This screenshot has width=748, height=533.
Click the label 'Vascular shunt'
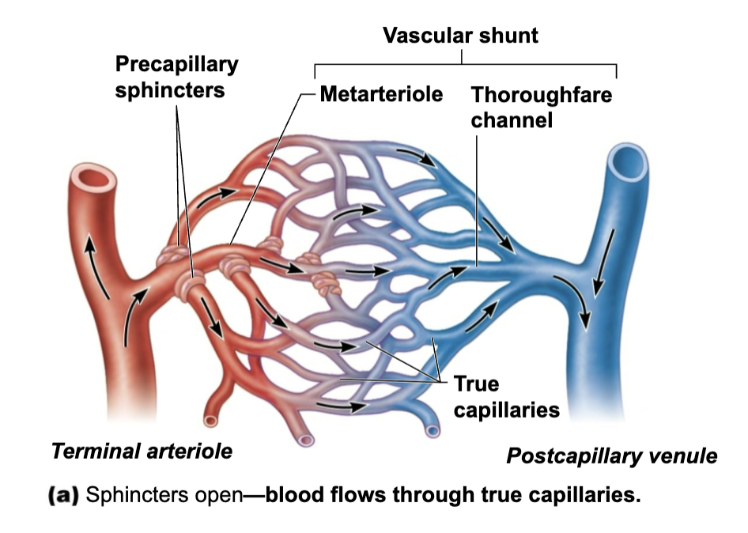click(460, 36)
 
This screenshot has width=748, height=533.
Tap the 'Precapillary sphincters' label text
click(176, 77)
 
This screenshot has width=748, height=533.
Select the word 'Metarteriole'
click(381, 96)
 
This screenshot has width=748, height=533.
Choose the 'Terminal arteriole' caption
click(142, 452)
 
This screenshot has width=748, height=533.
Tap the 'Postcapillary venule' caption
click(611, 456)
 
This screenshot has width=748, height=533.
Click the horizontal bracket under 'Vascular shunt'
click(466, 64)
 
